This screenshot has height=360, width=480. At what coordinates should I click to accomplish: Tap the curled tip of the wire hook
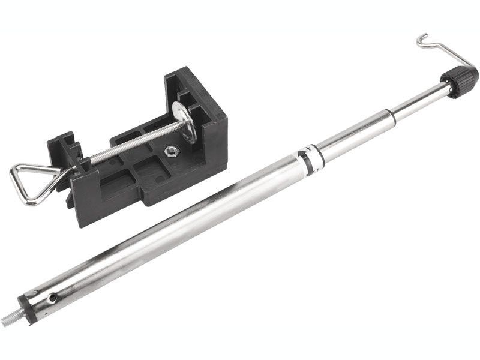coord(421,39)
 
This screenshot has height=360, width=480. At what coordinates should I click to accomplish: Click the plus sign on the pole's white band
coord(309,147)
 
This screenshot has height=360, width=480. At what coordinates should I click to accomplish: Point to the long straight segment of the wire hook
coord(447,57)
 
